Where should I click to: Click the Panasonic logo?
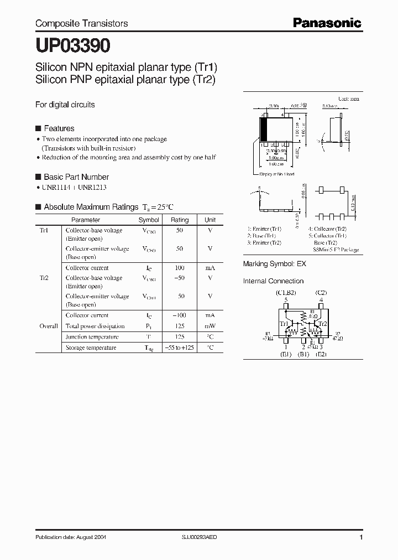pyautogui.click(x=327, y=23)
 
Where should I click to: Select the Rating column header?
pyautogui.click(x=179, y=220)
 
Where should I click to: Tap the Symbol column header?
pyautogui.click(x=148, y=220)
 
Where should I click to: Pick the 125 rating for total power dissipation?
pyautogui.click(x=179, y=326)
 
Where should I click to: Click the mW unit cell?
pyautogui.click(x=210, y=326)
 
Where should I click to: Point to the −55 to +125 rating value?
pyautogui.click(x=179, y=348)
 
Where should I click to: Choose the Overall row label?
pyautogui.click(x=49, y=326)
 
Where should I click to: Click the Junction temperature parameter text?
pyautogui.click(x=92, y=337)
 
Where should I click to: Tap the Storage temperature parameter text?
pyautogui.click(x=91, y=348)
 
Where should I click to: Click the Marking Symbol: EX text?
pyautogui.click(x=274, y=264)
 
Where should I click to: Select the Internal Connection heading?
pyautogui.click(x=273, y=281)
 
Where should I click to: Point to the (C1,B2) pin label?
pyautogui.click(x=286, y=292)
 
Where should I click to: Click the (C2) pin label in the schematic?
pyautogui.click(x=321, y=292)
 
